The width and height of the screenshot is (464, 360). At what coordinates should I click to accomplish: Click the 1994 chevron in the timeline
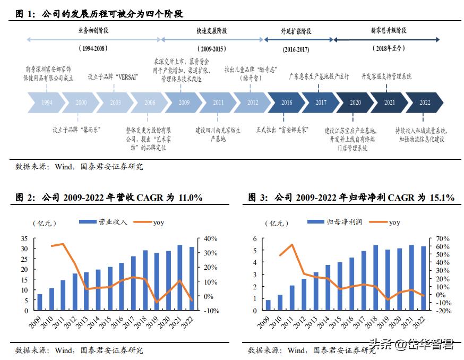47,102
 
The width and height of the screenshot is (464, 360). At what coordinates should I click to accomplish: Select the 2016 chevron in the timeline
287,102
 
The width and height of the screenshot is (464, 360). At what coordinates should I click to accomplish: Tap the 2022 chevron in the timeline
425,102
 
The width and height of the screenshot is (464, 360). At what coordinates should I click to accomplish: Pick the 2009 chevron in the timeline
184,102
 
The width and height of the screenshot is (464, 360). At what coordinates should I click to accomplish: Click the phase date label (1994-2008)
93,48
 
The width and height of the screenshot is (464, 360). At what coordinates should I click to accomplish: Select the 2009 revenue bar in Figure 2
40,302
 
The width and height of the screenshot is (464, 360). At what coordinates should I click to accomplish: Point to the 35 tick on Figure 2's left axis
24,238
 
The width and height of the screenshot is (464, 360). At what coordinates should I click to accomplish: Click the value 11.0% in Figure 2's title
190,198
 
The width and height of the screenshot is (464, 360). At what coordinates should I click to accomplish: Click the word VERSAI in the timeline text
126,76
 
